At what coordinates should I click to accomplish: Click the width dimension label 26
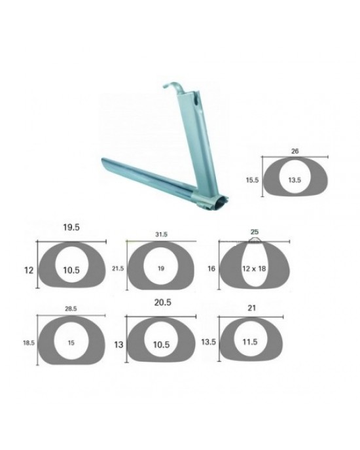tap(295, 151)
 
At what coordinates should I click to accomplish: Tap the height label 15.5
tap(252, 181)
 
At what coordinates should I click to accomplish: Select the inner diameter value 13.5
tap(295, 180)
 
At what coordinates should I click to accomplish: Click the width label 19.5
tap(71, 228)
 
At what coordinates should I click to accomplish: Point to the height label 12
tap(29, 270)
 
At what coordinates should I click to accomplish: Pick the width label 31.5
tap(161, 234)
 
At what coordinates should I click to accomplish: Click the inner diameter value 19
tap(161, 268)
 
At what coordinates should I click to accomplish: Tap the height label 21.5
tap(118, 269)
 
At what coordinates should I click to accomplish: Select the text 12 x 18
tap(254, 269)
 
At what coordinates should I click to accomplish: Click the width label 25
tap(254, 232)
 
